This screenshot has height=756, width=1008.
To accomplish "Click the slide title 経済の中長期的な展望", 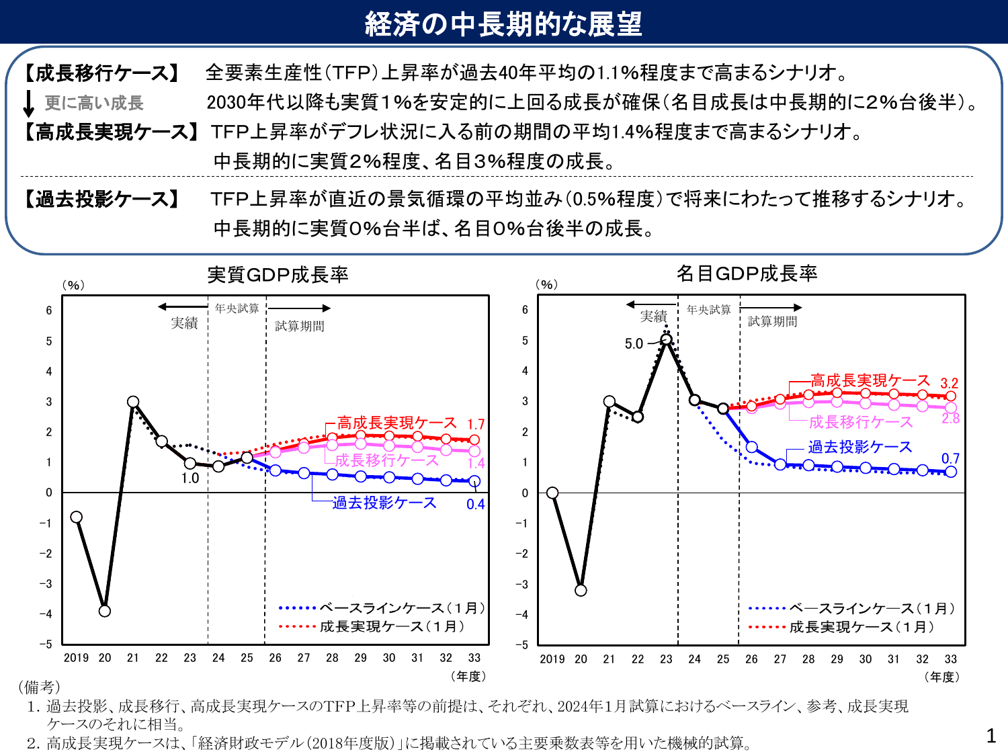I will pos(503,24).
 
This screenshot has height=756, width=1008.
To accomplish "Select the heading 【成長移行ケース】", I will pos(102,73).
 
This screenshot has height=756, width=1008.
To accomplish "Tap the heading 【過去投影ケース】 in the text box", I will pos(102,199).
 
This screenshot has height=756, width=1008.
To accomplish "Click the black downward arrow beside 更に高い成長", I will pos(28,103).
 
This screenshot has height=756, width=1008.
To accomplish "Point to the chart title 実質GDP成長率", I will pos(278,275).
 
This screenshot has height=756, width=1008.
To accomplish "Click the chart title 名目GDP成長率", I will pos(747,274).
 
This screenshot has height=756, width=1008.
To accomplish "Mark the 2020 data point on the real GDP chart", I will pos(105,611).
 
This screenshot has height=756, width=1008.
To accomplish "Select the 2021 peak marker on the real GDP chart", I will pos(133,402).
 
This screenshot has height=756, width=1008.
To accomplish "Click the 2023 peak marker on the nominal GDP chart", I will pos(666,340).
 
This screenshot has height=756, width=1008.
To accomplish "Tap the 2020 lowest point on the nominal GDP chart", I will pos(581,590).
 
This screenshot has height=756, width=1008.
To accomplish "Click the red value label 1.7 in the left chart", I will pos(476,424).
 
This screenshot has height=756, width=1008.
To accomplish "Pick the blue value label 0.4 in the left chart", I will pos(475,504).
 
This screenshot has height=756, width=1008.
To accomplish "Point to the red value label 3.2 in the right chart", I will pos(949,383).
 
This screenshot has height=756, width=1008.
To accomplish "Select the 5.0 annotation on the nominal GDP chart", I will pos(634,344).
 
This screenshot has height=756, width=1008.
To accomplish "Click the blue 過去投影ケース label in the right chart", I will pos(859,447).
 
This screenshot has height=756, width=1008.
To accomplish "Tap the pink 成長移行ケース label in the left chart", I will pos(386,460).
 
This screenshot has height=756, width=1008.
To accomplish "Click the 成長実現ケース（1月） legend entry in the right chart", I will pos(842,627).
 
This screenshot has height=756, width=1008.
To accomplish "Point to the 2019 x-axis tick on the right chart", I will pos(552,659).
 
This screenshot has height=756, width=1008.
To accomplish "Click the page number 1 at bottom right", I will pos(991,736).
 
